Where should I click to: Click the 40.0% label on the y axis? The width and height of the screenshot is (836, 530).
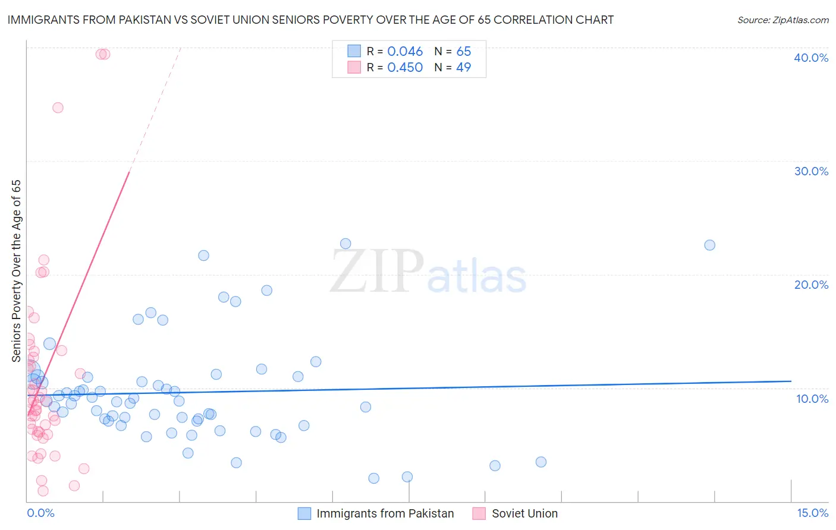pyautogui.click(x=811, y=58)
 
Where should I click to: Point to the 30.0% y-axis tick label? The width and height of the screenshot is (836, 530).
pyautogui.click(x=811, y=171)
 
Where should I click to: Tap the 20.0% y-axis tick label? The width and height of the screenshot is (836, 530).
pyautogui.click(x=811, y=285)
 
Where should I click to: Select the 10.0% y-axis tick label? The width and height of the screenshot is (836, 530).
pyautogui.click(x=812, y=399)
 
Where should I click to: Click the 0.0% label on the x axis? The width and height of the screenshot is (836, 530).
pyautogui.click(x=40, y=513)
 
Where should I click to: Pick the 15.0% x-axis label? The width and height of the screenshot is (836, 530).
pyautogui.click(x=812, y=513)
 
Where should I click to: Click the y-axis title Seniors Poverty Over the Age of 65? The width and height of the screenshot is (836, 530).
pyautogui.click(x=16, y=270)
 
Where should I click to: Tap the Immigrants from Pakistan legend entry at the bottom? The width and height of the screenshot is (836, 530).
pyautogui.click(x=385, y=513)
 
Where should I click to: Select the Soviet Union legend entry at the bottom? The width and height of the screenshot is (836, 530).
pyautogui.click(x=524, y=513)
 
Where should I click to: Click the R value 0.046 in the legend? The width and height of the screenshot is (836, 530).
pyautogui.click(x=405, y=52)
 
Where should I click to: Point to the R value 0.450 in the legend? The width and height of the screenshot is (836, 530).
pyautogui.click(x=405, y=68)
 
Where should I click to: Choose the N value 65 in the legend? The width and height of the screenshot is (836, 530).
pyautogui.click(x=463, y=52)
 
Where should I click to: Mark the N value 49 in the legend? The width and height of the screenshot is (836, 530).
pyautogui.click(x=463, y=68)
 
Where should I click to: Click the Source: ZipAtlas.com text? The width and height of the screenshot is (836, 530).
pyautogui.click(x=782, y=20)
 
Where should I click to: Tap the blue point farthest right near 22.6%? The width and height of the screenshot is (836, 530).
pyautogui.click(x=709, y=245)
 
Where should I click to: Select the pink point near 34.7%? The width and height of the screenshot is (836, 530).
pyautogui.click(x=58, y=108)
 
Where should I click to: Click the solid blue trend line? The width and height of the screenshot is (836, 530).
pyautogui.click(x=416, y=387)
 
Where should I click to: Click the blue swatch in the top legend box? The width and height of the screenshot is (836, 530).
pyautogui.click(x=354, y=51)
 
